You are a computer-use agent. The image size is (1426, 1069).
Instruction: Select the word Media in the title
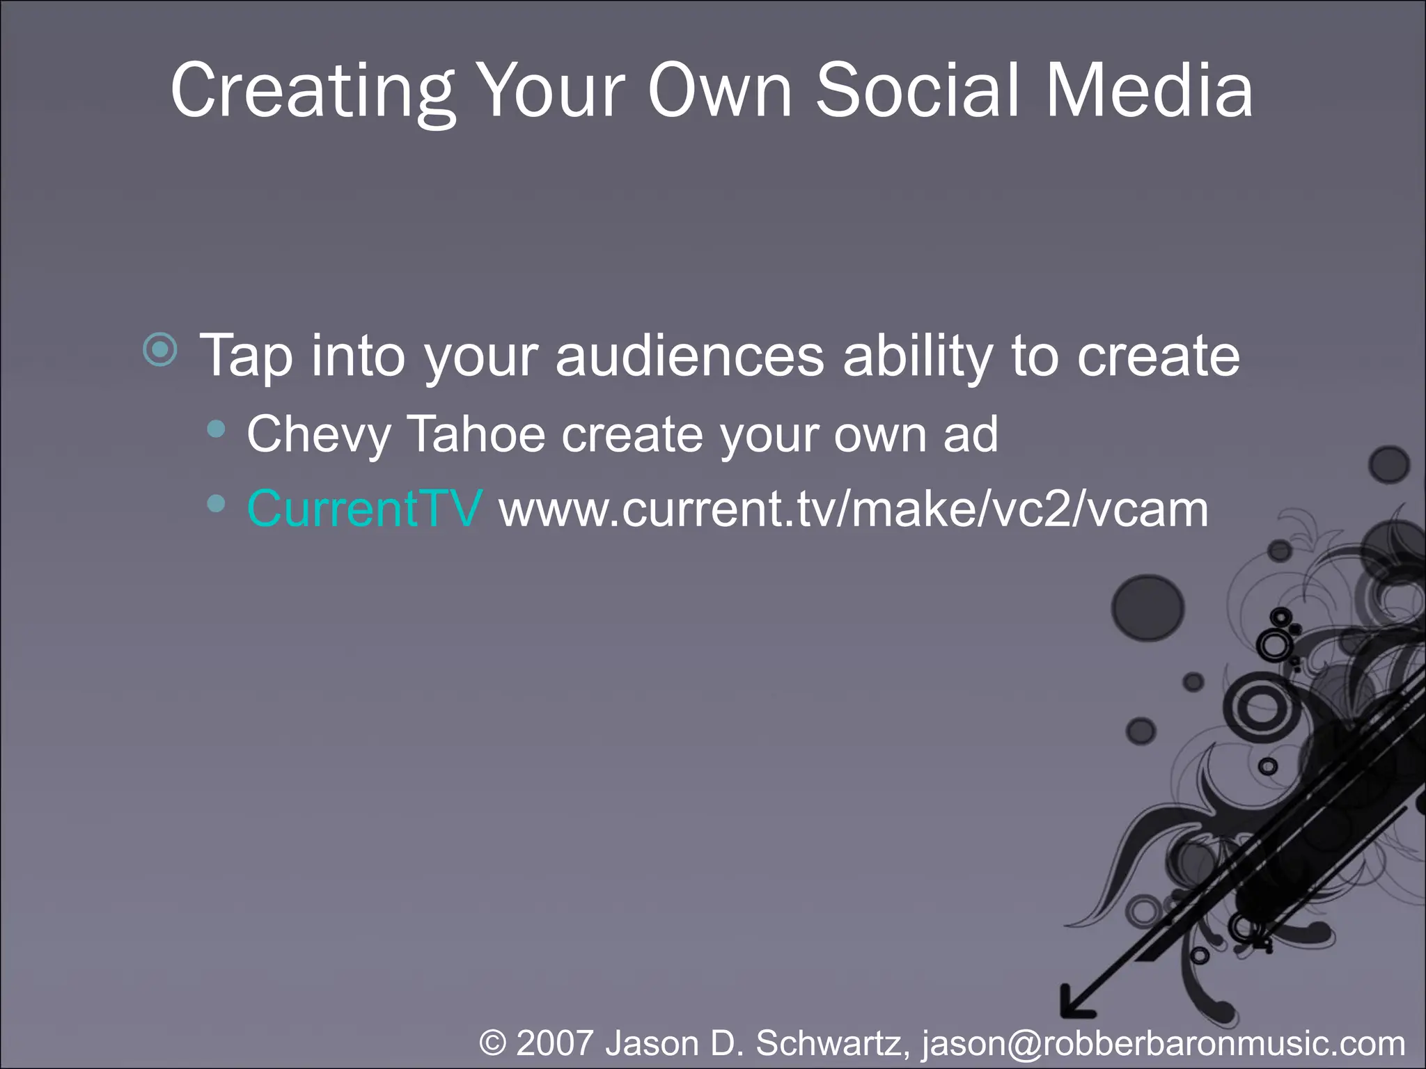[x=1150, y=90]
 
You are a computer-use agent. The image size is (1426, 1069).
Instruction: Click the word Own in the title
[x=720, y=90]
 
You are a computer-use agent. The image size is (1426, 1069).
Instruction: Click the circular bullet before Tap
[x=161, y=349]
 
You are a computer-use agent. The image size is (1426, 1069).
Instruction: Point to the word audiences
[x=689, y=356]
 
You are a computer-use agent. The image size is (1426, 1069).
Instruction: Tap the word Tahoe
[x=476, y=434]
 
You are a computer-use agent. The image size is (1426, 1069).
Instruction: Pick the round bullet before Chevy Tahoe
[x=217, y=429]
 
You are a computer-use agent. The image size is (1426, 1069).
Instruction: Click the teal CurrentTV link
[x=364, y=509]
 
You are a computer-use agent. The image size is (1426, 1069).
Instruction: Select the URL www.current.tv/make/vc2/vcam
[x=854, y=509]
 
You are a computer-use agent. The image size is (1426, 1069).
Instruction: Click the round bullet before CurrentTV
[x=217, y=503]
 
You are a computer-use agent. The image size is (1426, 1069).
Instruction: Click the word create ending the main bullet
[x=1159, y=356]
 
